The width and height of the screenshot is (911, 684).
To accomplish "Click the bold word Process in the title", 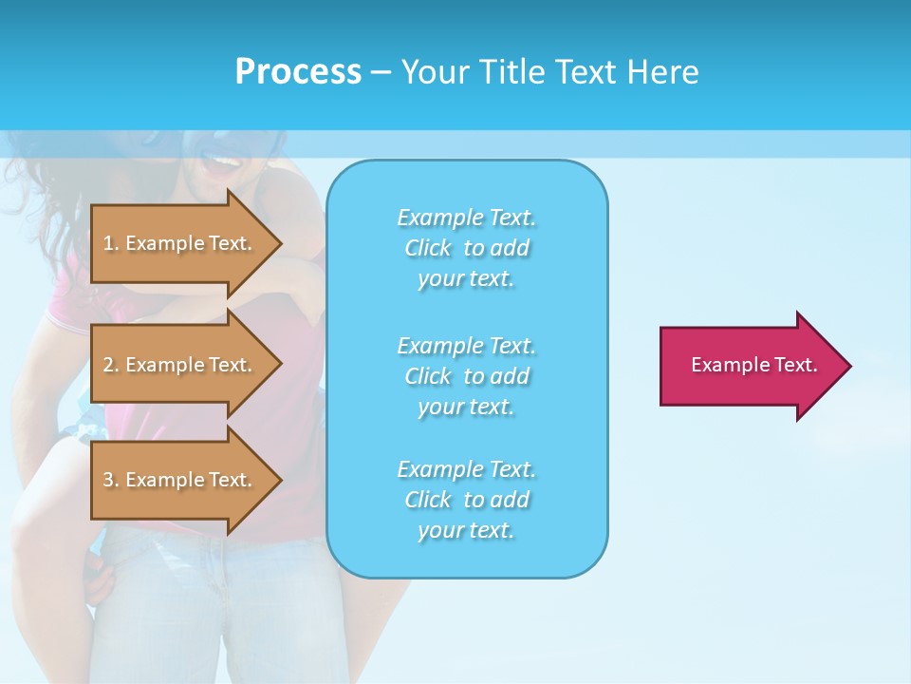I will coord(298,72).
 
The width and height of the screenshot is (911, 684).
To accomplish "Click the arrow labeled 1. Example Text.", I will coord(180,243).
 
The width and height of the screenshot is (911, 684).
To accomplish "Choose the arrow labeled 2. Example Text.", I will coord(180,365).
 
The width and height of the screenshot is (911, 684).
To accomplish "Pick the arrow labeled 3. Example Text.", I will coord(180,480).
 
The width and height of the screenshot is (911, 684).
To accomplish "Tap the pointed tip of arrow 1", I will coord(279,243).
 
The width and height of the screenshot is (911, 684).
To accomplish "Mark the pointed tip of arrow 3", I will coord(279,480).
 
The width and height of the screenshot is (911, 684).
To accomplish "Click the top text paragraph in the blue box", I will coord(467,248).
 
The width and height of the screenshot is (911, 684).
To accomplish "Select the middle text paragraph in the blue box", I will coord(467,375).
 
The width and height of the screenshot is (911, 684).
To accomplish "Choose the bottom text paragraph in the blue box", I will coord(467,500).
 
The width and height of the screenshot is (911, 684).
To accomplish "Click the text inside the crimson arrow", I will coord(754,365).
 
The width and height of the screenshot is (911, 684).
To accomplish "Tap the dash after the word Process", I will coord(381,73).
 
